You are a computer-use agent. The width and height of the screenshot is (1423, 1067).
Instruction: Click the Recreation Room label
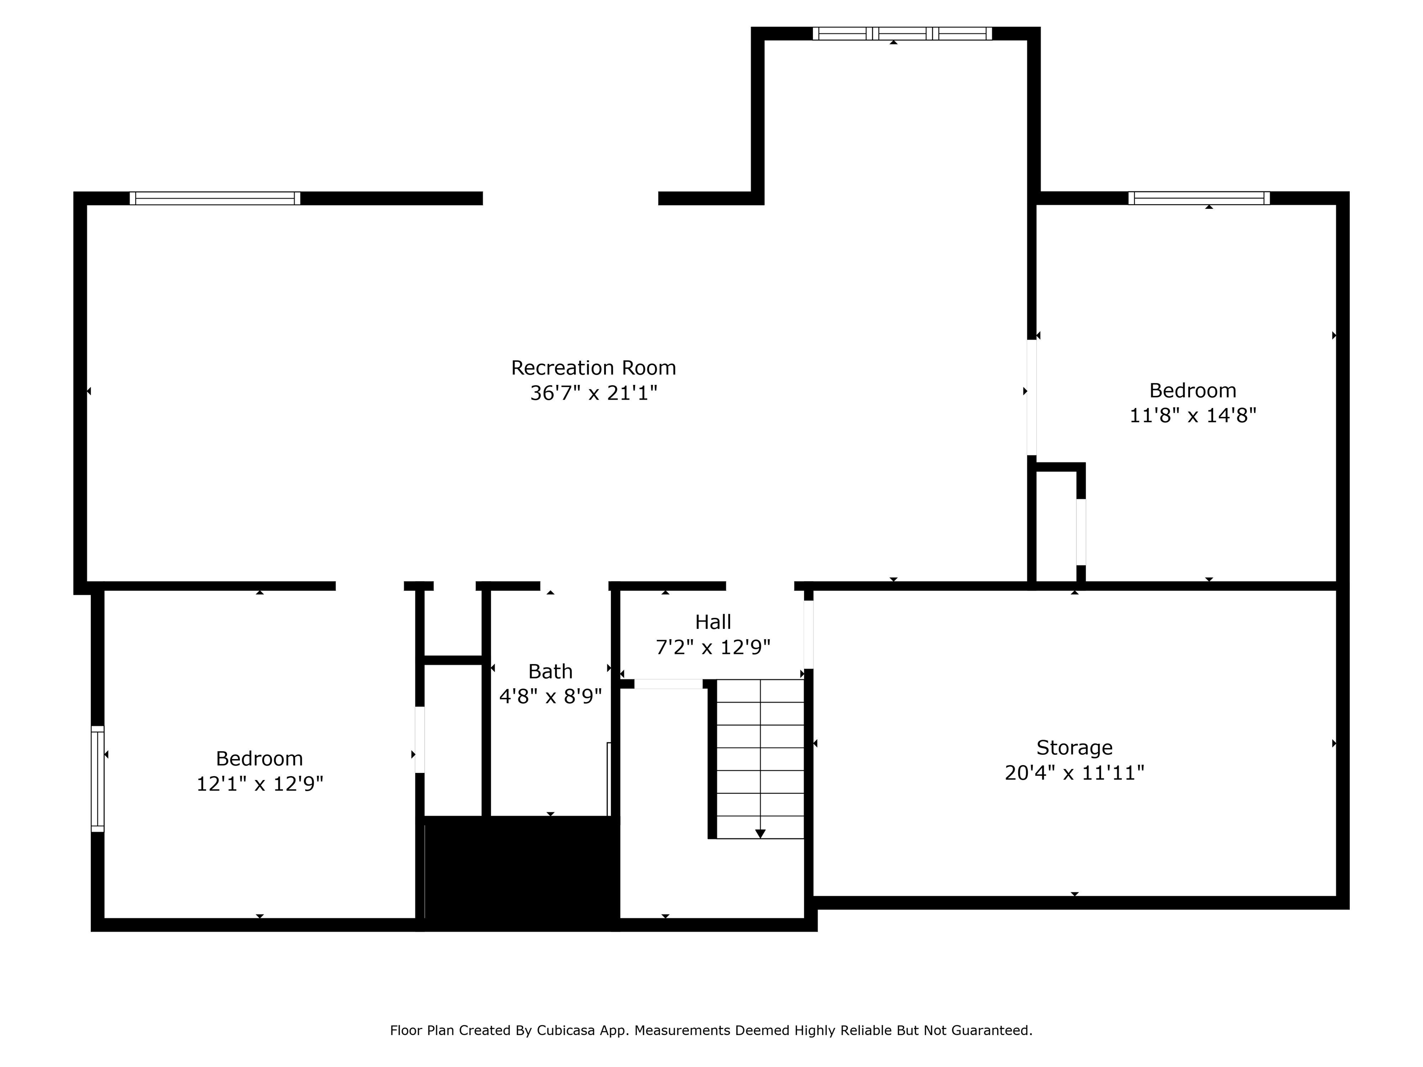(x=593, y=368)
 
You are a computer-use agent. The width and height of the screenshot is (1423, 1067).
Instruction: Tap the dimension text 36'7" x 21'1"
(x=593, y=393)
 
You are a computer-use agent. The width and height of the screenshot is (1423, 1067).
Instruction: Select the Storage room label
(x=1074, y=747)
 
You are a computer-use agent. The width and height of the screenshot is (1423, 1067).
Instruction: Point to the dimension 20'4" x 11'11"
(x=1074, y=772)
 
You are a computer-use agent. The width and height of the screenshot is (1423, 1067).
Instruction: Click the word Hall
(x=713, y=622)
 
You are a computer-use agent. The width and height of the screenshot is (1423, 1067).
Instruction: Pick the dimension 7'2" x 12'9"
(x=713, y=647)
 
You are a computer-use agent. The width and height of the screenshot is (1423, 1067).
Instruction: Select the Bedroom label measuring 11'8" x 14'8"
(x=1193, y=390)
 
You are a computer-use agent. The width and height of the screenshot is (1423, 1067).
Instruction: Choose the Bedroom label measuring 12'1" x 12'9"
(x=259, y=759)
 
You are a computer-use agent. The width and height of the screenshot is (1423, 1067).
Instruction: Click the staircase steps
(x=761, y=759)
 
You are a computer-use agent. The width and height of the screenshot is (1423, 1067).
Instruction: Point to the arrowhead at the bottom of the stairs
(x=761, y=834)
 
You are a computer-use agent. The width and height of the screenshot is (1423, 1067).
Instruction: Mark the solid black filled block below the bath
(x=521, y=873)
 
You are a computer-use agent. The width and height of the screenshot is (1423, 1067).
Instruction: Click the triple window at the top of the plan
(x=902, y=33)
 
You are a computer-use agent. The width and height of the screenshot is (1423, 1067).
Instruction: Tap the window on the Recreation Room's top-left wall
(x=215, y=198)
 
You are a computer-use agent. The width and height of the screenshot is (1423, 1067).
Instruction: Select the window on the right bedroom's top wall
(x=1199, y=198)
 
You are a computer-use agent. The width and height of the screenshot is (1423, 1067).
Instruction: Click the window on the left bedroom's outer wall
(x=97, y=779)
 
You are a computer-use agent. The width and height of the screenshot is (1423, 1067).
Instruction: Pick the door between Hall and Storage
(x=809, y=635)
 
